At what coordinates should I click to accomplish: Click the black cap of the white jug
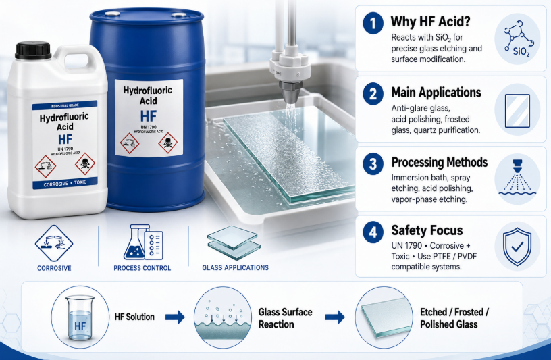coord(33,50)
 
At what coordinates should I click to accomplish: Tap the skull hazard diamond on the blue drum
coord(167,143)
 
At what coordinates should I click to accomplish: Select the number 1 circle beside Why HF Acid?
coord(373,24)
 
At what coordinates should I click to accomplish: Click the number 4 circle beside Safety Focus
coord(373,232)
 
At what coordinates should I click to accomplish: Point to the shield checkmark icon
coord(517,247)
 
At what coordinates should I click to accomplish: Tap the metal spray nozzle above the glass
coord(290,91)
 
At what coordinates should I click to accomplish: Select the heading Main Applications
coord(436,93)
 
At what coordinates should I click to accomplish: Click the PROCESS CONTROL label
coord(142,268)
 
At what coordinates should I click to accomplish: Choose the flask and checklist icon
coord(143,242)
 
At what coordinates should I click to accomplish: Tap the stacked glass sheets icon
coord(234,243)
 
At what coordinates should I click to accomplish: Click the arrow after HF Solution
coord(175,317)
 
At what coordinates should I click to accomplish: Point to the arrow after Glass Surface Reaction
coord(335,317)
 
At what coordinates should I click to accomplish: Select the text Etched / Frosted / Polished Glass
coord(454,318)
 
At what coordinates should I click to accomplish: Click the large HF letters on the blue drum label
coord(149,116)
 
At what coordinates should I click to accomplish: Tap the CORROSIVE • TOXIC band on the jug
coord(65,183)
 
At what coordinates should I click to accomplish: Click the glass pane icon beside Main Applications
coord(517,110)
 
